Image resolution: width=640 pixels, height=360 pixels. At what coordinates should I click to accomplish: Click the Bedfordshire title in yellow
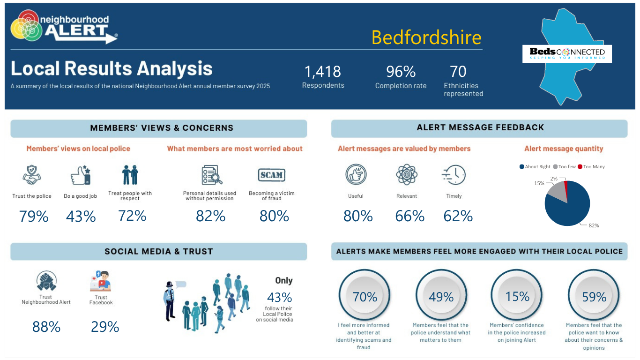[x=426, y=38]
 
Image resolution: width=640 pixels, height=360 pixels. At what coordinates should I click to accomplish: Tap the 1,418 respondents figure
[x=322, y=72]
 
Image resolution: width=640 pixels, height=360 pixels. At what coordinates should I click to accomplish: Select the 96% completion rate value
[x=401, y=72]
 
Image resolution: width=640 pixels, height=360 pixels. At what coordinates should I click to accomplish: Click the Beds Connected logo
[x=567, y=54]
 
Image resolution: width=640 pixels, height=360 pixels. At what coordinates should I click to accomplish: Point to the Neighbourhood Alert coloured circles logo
[x=26, y=26]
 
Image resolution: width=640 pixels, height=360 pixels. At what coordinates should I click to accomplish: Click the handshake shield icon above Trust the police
[x=32, y=175]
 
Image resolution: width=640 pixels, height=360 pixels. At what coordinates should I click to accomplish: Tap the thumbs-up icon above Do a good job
[x=81, y=175]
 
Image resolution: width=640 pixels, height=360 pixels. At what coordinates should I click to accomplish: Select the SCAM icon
[x=271, y=175]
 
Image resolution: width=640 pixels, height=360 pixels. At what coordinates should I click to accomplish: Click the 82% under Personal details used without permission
[x=210, y=216]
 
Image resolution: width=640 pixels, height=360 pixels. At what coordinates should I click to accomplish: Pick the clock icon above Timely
[x=454, y=175]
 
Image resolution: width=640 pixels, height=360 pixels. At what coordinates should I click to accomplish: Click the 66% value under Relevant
[x=409, y=216]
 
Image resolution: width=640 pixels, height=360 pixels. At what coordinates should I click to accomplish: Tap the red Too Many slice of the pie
[x=566, y=190]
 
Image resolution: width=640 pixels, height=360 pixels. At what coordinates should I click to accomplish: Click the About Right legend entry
[x=535, y=167]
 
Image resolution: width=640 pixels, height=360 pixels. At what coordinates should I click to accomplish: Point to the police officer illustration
[x=170, y=301]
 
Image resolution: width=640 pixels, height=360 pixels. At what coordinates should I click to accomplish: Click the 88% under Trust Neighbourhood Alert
[x=46, y=327]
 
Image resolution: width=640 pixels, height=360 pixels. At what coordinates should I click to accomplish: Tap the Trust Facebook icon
[x=100, y=281]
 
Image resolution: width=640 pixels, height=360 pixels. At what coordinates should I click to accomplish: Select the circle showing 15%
[x=517, y=295]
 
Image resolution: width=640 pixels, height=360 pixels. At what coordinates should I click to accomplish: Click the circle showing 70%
[x=365, y=295]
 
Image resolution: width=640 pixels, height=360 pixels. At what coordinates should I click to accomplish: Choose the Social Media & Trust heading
[x=159, y=252]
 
